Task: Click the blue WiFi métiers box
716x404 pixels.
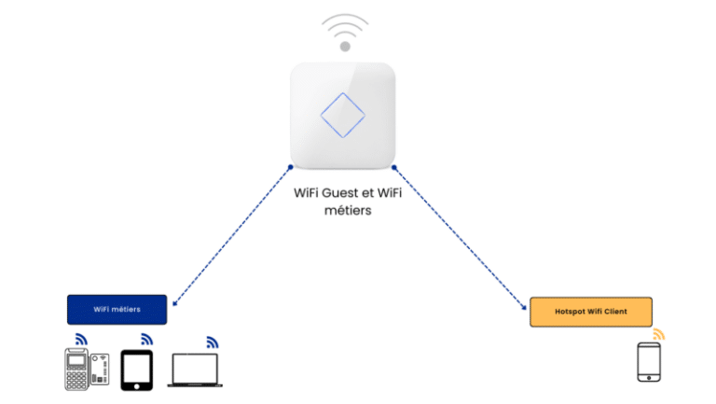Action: (117, 310)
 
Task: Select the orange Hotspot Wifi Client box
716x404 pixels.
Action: (591, 312)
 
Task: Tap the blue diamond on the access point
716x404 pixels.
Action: (343, 115)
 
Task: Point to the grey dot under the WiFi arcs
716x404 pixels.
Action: (345, 46)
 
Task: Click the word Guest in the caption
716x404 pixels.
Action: (339, 193)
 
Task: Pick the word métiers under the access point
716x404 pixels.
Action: (348, 211)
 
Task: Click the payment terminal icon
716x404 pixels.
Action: (87, 369)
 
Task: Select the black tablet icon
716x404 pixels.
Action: (136, 370)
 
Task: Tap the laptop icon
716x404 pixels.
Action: (195, 370)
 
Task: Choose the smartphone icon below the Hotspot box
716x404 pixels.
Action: (649, 362)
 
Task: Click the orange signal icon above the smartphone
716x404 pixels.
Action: (659, 334)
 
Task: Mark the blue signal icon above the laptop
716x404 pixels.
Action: (213, 342)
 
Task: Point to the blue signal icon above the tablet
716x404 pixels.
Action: (146, 339)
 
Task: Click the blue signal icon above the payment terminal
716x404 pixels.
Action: (81, 339)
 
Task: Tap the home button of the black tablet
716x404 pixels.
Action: (136, 386)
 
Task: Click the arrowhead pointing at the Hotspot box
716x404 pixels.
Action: (524, 307)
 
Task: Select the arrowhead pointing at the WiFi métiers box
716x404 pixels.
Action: (175, 303)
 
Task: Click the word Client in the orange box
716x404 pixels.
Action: (615, 312)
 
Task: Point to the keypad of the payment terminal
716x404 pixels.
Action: (76, 380)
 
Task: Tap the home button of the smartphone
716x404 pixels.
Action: (649, 378)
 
